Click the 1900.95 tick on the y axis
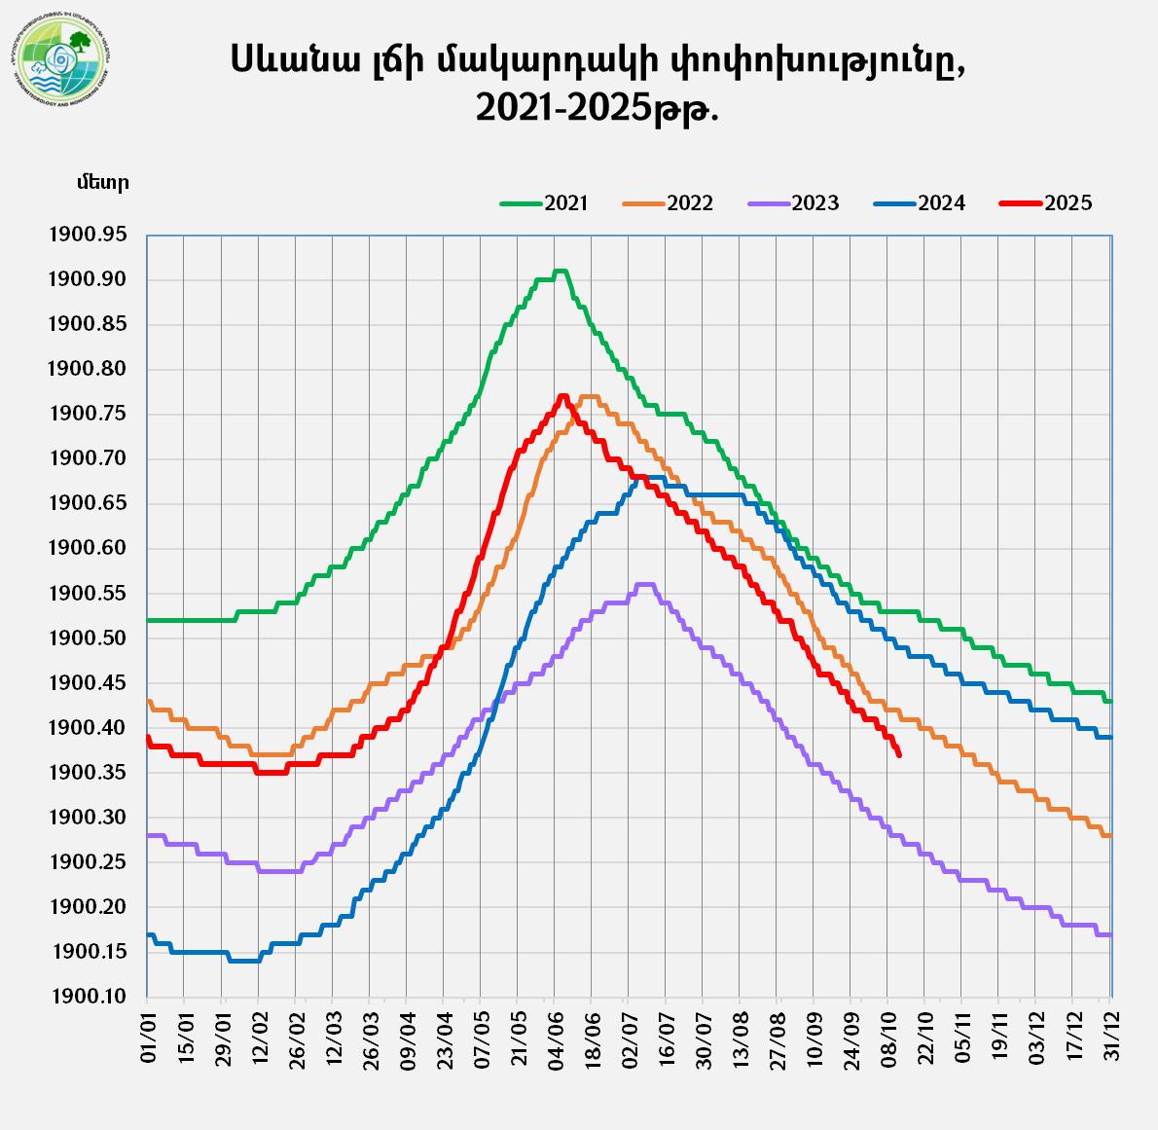[x=87, y=235]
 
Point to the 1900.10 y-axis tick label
[x=87, y=997]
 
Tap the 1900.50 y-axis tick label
[x=87, y=638]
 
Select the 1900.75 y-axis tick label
[x=87, y=415]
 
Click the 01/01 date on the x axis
[x=148, y=1038]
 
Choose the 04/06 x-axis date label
[x=555, y=1038]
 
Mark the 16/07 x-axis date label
[x=666, y=1038]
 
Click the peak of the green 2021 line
[x=560, y=271]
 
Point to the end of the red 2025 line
[x=899, y=754]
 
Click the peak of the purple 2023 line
[x=644, y=584]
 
